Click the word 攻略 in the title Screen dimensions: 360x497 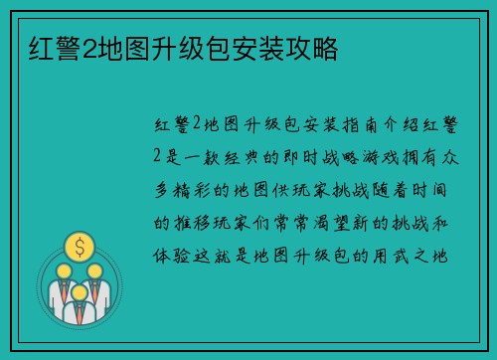tap(316, 47)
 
